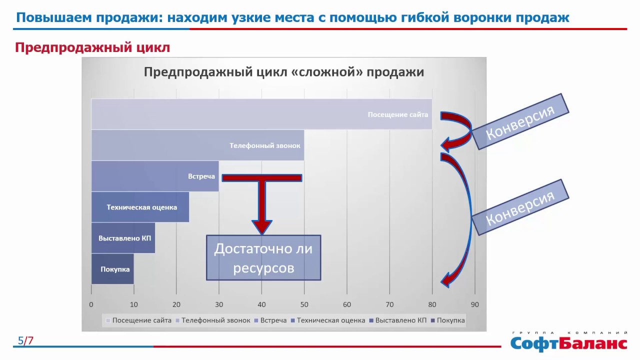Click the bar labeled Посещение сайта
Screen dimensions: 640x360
261,114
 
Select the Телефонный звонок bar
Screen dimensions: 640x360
197,145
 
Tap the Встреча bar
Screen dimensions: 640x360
155,176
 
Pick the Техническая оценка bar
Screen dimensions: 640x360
140,207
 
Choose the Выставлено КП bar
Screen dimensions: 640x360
123,238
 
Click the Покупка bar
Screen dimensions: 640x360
112,269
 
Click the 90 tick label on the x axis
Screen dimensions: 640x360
475,304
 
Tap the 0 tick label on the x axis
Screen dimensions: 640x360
91,304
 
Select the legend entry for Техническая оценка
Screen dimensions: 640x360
328,320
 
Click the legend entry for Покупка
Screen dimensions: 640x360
447,320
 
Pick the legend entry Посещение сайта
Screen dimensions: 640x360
139,320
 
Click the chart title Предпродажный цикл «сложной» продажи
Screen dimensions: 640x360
283,72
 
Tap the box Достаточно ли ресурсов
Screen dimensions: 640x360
263,257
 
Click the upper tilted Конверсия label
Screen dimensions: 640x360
520,121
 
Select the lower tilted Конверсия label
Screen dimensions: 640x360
520,207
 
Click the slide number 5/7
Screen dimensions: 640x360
25,340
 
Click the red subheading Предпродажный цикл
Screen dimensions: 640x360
92,47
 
